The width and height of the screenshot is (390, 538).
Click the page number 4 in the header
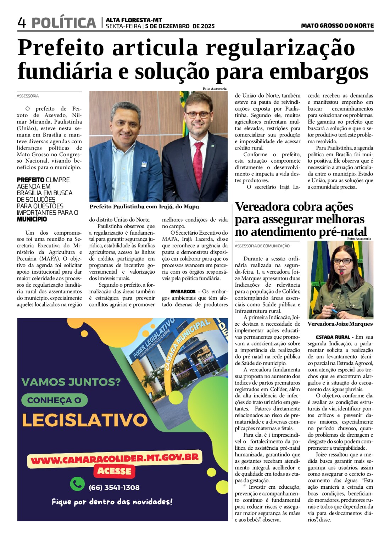point(22,23)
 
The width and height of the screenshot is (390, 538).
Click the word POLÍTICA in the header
point(64,23)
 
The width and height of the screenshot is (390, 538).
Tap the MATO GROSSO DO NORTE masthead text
point(337,26)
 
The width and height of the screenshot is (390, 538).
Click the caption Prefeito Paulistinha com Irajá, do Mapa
point(144,207)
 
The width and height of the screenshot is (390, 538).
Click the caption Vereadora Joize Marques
point(340,324)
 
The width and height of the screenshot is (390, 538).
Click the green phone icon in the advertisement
point(77,484)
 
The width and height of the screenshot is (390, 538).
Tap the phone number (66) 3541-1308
point(114,488)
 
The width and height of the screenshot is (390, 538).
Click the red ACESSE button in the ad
point(114,471)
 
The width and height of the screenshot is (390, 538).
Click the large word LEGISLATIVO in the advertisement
point(84,420)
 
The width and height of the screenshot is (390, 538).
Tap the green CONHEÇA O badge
point(54,400)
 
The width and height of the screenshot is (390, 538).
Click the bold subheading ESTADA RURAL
point(333,337)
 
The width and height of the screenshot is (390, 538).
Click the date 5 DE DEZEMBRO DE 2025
point(180,26)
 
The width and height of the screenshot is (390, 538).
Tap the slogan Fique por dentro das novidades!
point(112,502)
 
